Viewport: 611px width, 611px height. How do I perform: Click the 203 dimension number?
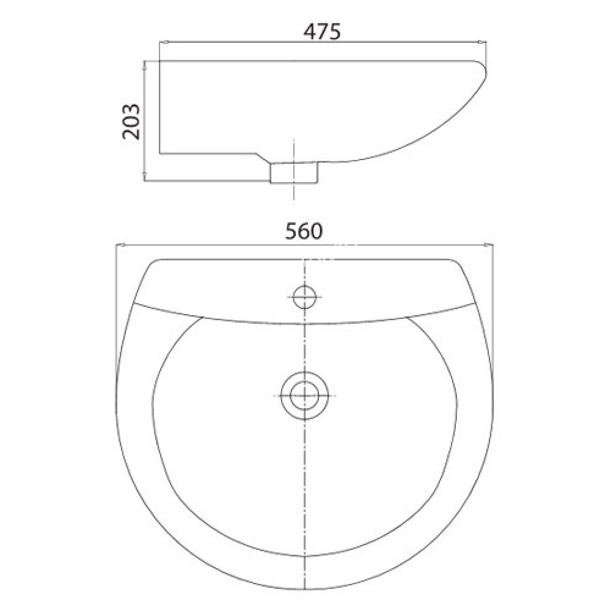[131, 121]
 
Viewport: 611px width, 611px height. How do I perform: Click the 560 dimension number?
[304, 232]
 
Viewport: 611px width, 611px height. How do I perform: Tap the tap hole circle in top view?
[304, 297]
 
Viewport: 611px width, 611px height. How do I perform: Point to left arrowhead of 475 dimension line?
[162, 42]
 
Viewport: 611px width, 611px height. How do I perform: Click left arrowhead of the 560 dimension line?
[120, 246]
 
